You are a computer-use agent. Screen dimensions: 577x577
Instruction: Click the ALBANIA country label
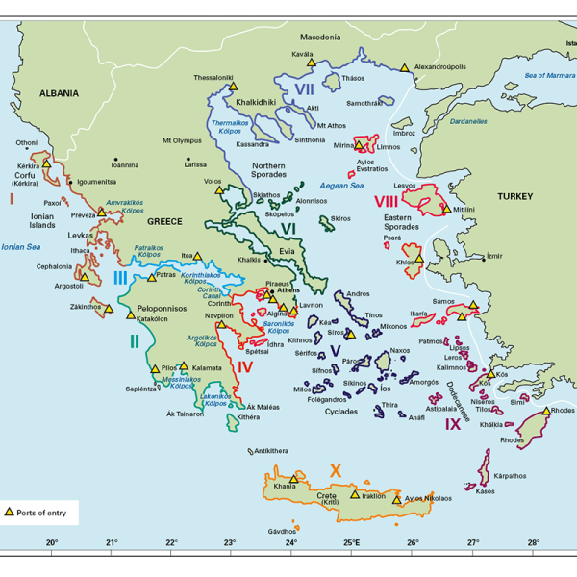coord(59,93)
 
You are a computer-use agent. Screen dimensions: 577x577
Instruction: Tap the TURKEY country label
coord(514,196)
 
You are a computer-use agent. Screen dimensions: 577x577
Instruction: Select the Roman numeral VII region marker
coord(305,89)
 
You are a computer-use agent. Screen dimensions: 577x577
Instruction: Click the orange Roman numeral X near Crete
coord(335,469)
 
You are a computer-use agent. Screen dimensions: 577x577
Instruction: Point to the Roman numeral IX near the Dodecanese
coord(453,423)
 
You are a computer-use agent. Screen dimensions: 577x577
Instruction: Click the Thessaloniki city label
coord(213,77)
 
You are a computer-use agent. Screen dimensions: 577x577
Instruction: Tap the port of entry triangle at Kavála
coord(311,62)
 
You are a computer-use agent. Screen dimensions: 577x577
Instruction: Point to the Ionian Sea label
coord(21,247)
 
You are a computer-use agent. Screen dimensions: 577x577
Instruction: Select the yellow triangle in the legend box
coord(12,512)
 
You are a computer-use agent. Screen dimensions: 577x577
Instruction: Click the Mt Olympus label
coord(182,140)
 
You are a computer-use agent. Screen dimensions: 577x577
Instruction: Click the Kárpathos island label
coord(510,475)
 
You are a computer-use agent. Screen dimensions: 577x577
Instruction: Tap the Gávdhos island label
coord(282,531)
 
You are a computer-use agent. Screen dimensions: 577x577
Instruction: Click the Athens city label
coord(288,289)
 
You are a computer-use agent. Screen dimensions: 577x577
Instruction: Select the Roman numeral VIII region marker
coord(387,202)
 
